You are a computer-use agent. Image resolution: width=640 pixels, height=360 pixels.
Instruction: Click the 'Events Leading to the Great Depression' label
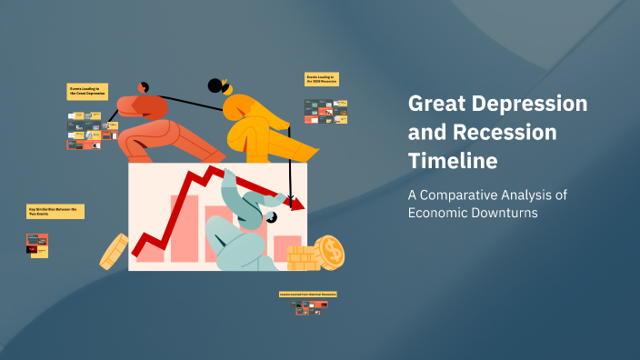coord(88,91)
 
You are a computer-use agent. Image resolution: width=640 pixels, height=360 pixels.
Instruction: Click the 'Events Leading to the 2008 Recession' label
coord(322,80)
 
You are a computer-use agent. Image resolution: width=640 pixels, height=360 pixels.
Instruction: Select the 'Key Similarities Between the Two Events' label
coord(55,211)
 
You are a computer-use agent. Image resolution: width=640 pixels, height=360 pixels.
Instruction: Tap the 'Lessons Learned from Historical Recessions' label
coord(307,295)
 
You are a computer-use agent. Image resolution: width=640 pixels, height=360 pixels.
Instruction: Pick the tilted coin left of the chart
coord(115,250)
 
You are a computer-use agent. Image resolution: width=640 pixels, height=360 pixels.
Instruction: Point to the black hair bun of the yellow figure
coord(215,86)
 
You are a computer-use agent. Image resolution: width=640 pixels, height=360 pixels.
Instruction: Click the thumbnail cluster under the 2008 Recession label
coord(325,110)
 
